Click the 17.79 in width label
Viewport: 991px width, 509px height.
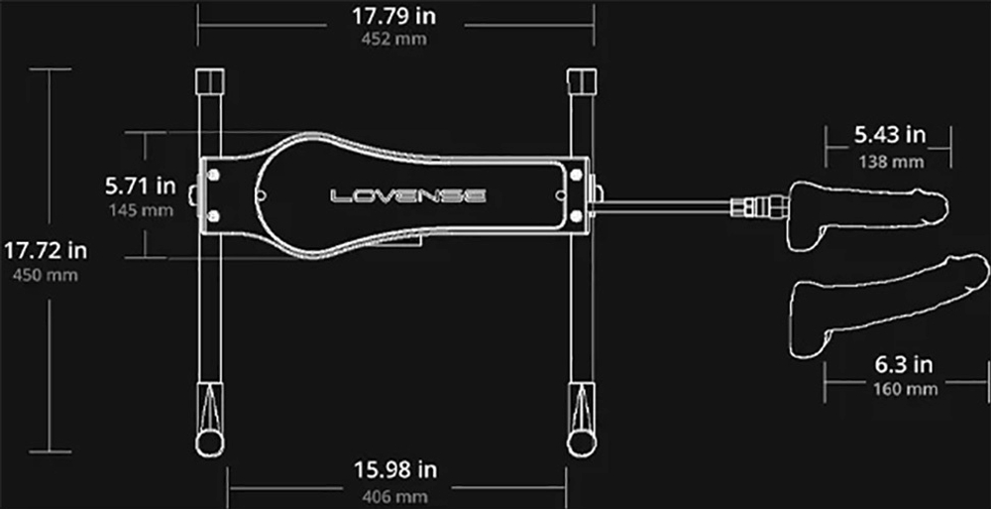pyautogui.click(x=395, y=17)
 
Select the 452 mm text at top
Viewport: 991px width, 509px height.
pyautogui.click(x=395, y=41)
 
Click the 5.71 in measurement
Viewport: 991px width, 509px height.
pyautogui.click(x=141, y=186)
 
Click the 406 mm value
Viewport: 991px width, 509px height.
pyautogui.click(x=395, y=494)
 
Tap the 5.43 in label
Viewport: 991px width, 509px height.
pyautogui.click(x=889, y=134)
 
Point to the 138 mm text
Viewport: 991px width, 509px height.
pyautogui.click(x=889, y=160)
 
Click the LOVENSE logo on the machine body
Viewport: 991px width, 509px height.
pyautogui.click(x=408, y=195)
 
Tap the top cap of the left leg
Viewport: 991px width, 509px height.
pyautogui.click(x=210, y=79)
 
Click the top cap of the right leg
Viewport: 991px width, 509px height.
pyautogui.click(x=580, y=79)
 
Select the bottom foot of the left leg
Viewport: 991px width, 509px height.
pyautogui.click(x=210, y=437)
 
